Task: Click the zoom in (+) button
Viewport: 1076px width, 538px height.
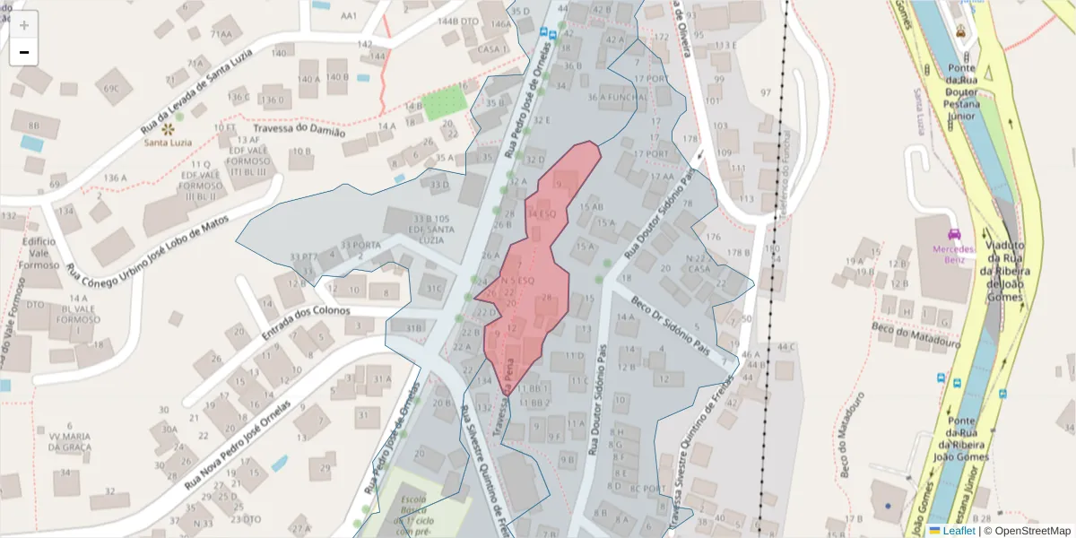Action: coord(24,25)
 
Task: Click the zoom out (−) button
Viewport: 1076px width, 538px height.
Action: coord(24,52)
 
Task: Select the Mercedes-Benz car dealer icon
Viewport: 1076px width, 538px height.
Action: coord(953,234)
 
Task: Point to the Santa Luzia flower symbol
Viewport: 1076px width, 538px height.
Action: coord(169,129)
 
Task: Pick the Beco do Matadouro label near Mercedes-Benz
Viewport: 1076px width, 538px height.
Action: coord(916,336)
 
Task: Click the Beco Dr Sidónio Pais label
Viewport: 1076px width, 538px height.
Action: coord(671,324)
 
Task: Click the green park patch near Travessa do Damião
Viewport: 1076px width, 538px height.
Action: coord(445,103)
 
